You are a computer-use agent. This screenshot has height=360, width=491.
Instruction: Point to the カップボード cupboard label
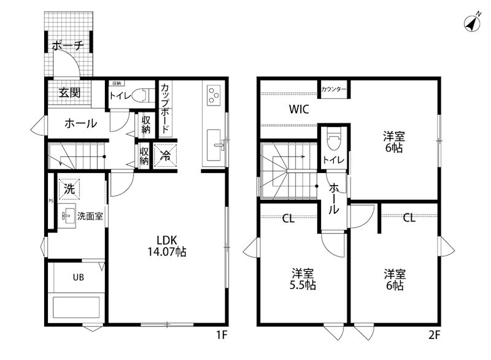[x=165, y=109]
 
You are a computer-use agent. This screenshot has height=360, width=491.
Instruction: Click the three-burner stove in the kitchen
[x=214, y=95]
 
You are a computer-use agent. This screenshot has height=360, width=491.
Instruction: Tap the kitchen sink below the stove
[x=215, y=139]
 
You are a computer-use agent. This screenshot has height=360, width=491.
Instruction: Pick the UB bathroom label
[x=79, y=277]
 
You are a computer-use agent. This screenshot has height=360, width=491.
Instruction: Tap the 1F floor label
[x=222, y=336]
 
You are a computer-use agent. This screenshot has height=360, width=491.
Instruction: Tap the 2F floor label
[x=435, y=336]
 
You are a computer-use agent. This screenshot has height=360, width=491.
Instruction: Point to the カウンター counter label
[x=334, y=90]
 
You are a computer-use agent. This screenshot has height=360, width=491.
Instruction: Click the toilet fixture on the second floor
[x=334, y=142]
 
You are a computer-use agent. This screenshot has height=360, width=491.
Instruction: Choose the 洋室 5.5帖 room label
[x=303, y=279]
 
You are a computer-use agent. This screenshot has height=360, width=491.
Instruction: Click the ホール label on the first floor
[x=80, y=124]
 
